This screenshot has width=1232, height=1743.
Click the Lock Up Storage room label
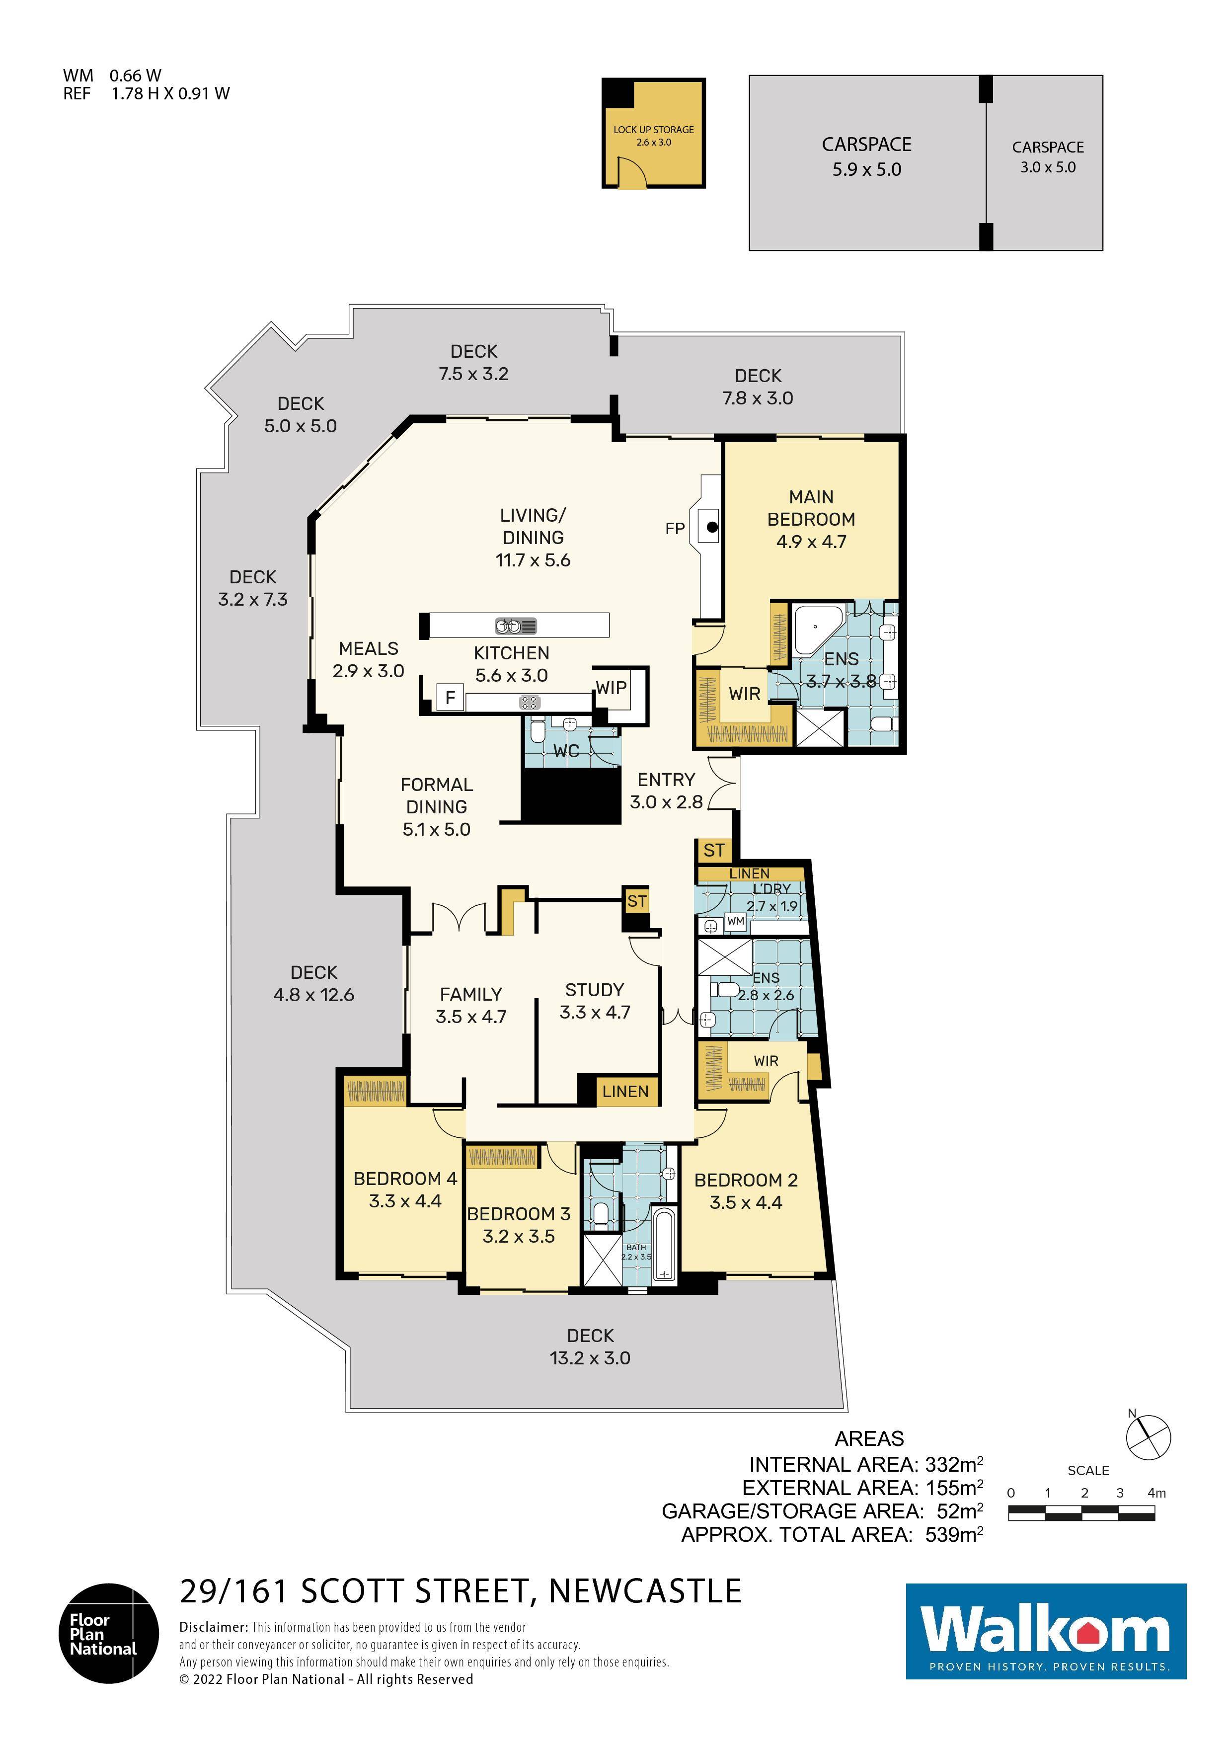pyautogui.click(x=654, y=135)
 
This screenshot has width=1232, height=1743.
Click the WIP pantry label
pyautogui.click(x=611, y=688)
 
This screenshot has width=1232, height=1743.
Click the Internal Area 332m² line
pyautogui.click(x=866, y=1464)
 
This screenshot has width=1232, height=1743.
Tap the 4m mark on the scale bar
pyautogui.click(x=1156, y=1493)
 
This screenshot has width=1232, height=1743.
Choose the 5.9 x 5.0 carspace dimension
pyautogui.click(x=867, y=169)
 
